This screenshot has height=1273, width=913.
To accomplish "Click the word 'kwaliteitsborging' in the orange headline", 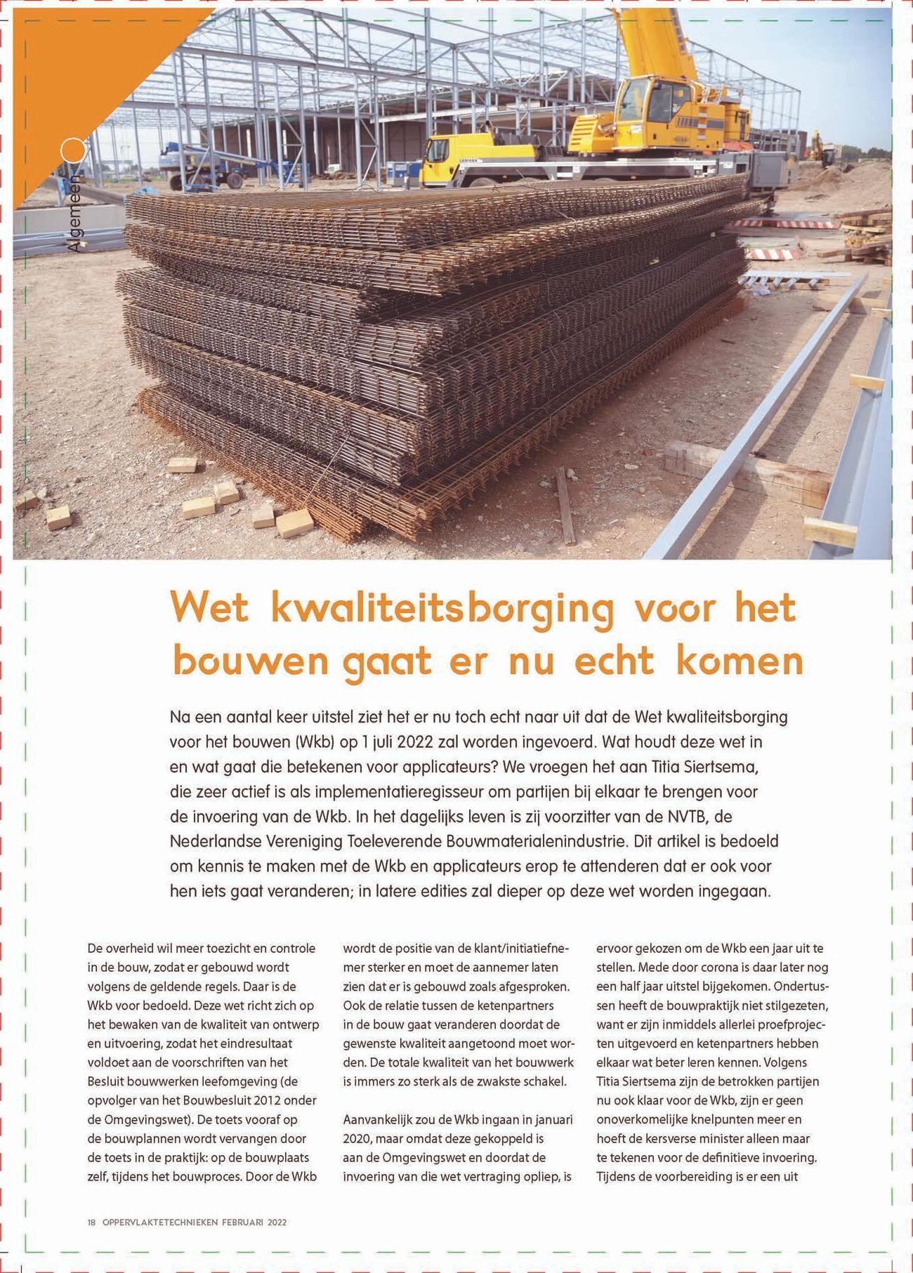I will [442, 608].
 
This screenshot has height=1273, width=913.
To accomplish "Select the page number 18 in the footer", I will [91, 1222].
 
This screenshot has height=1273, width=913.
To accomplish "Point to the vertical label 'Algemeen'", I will [74, 213].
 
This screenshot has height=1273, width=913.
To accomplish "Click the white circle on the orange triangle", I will [72, 150].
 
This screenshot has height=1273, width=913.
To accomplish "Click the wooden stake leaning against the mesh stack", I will [565, 506].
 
